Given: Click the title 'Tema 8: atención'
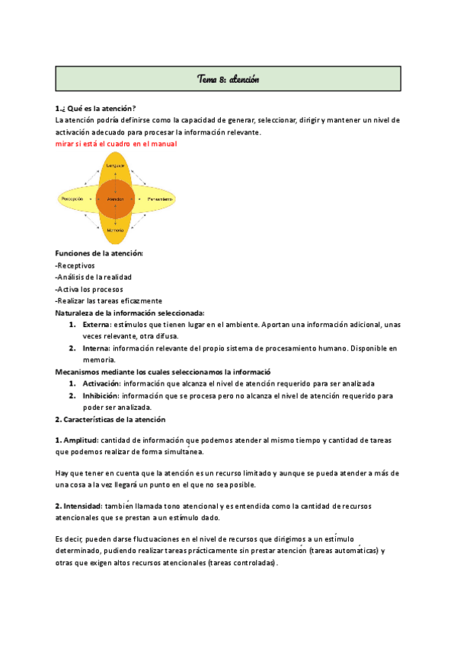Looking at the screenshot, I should (x=228, y=78).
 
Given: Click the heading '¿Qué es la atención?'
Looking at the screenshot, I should (x=97, y=108).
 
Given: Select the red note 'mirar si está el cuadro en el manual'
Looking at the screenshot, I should (x=116, y=144).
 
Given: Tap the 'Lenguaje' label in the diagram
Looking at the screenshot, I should (x=116, y=165).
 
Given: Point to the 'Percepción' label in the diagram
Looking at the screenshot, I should (x=72, y=199).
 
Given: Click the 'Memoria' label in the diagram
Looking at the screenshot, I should (x=116, y=229).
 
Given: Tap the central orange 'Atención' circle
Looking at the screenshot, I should (x=116, y=199).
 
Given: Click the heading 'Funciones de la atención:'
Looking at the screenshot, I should (x=99, y=253).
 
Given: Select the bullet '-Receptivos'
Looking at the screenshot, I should (x=75, y=265).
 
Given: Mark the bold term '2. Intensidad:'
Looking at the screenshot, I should (x=78, y=506).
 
